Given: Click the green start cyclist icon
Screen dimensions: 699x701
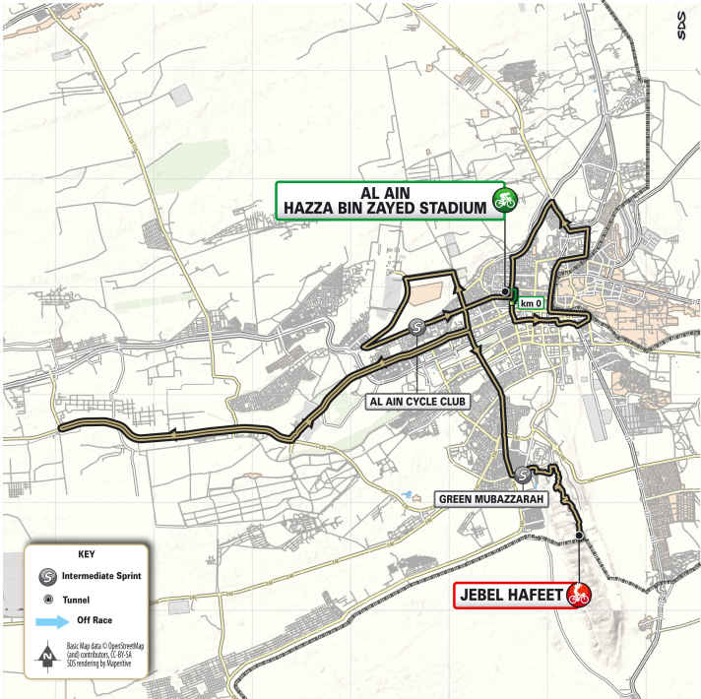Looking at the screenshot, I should point(507,199).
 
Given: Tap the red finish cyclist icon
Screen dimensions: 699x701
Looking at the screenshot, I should point(582,595).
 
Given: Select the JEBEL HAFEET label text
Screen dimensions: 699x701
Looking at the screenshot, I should point(510,595).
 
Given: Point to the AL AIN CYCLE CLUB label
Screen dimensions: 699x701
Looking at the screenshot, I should point(417,402).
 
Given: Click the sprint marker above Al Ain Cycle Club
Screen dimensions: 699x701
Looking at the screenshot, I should point(417,328).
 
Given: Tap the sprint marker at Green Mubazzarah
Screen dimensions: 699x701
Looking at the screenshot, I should point(522,476).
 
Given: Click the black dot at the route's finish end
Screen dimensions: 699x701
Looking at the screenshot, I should point(580,536).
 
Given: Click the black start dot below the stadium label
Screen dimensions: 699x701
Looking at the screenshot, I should point(505,291).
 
